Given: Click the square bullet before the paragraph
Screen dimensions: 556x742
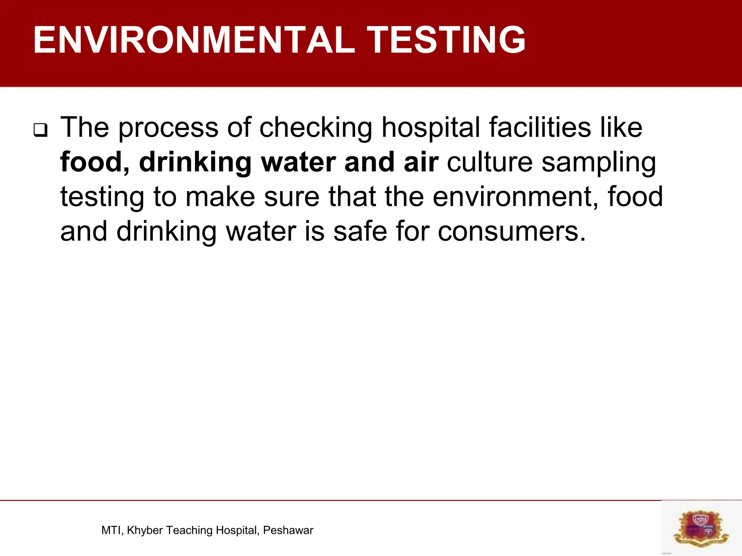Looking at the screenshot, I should point(40,130).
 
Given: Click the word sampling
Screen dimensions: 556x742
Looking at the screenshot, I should point(599,163).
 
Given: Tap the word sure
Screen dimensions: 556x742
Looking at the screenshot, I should point(292,197).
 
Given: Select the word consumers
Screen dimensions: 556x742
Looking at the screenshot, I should point(511,232).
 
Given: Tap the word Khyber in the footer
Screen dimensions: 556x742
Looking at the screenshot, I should point(145,530).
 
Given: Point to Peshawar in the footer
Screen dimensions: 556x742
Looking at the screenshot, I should point(288,530).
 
